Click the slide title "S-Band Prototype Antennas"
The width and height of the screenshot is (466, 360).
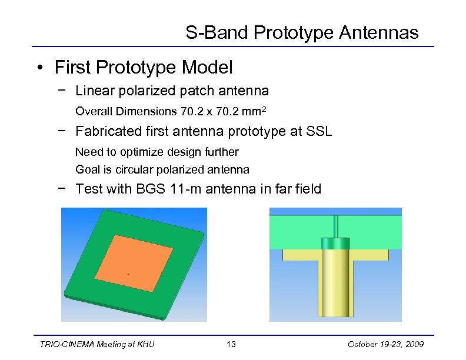tap(302, 32)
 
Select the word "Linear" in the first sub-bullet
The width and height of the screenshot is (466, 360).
tap(93, 91)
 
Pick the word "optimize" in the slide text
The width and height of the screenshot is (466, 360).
tap(140, 152)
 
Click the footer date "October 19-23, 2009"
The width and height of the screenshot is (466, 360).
tap(385, 344)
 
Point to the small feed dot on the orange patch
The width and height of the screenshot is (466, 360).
tap(128, 274)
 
